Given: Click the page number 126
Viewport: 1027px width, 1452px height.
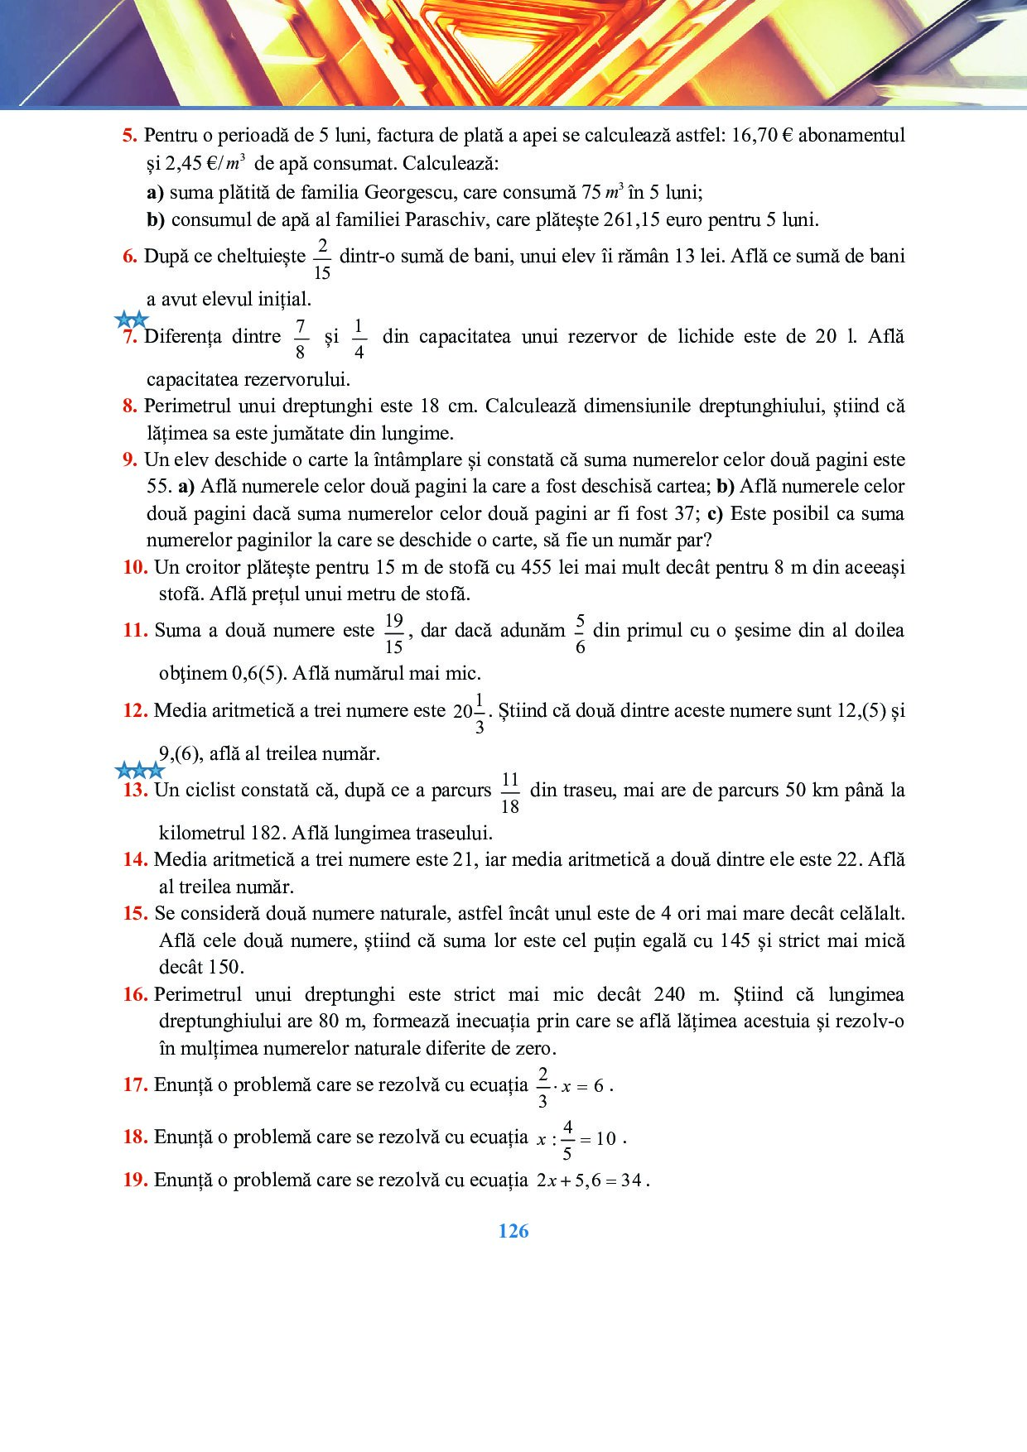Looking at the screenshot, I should point(513,1231).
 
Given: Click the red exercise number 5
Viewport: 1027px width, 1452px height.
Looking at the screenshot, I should point(128,136).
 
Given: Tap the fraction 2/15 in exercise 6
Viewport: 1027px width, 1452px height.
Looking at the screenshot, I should point(322,259).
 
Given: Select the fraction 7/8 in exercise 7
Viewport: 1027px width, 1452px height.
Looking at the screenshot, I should point(300,339).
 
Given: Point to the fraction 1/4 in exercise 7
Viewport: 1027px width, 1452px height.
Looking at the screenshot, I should point(359,339).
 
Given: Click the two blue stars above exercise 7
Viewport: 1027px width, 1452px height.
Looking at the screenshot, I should point(132,320).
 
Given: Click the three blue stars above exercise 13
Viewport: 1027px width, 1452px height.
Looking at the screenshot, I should point(139,772).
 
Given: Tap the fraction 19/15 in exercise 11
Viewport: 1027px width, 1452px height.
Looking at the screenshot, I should point(394,633).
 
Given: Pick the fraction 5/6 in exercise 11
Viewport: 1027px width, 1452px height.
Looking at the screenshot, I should point(580,633).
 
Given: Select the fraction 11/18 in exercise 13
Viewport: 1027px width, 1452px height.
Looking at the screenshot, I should point(510,793).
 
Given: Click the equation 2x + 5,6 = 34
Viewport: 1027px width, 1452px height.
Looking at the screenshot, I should point(590,1180).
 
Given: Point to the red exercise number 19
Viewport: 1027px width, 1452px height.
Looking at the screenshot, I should point(135,1180).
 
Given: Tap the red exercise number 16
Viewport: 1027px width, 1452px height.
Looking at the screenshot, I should point(136,994).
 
